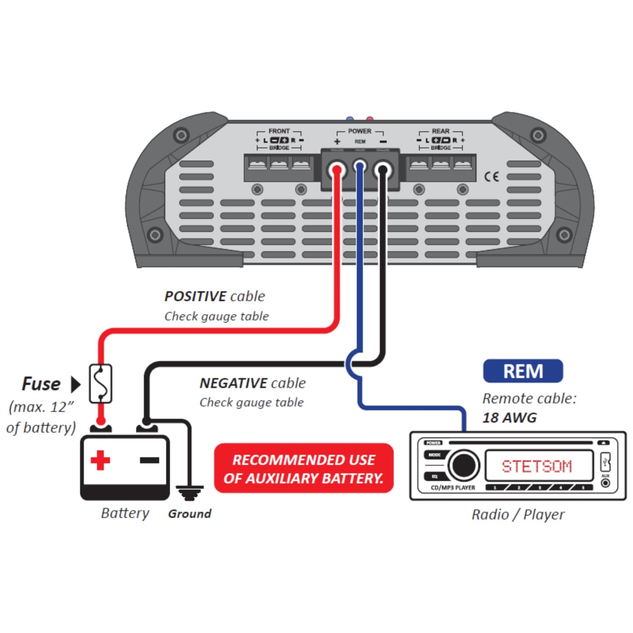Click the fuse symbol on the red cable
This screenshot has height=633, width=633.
(x=100, y=383)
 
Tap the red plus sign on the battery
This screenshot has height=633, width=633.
(x=100, y=460)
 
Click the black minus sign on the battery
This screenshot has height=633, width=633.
(x=149, y=460)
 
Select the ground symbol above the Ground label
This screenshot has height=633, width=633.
(x=189, y=492)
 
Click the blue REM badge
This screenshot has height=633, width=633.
(x=523, y=371)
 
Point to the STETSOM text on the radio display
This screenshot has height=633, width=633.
(x=537, y=466)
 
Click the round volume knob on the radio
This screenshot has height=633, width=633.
(x=463, y=465)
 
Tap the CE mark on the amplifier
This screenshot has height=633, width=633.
(x=492, y=177)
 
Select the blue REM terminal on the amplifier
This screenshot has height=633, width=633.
(x=360, y=166)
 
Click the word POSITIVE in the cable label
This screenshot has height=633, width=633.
(x=196, y=297)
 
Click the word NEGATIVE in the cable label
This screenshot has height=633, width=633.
(x=233, y=383)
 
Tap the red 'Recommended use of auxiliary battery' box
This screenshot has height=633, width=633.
(x=304, y=468)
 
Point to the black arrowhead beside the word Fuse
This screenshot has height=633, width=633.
(x=76, y=384)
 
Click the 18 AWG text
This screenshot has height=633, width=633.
(x=509, y=417)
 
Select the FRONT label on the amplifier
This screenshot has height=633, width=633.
(x=279, y=131)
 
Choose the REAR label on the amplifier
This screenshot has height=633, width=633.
(x=440, y=131)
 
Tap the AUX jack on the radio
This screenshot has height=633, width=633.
(x=605, y=483)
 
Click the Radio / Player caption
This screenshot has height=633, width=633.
(x=518, y=514)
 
